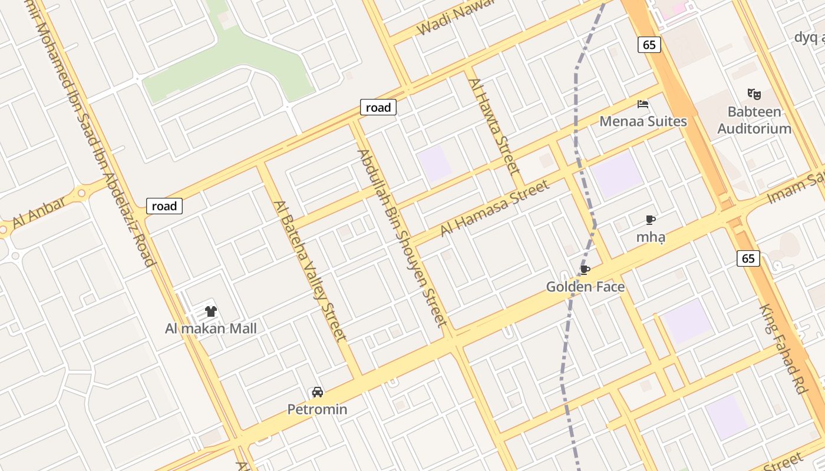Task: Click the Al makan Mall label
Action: pos(211,329)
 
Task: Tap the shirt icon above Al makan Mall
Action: pos(211,311)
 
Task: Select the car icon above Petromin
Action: pos(317,392)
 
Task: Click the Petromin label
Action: pos(317,409)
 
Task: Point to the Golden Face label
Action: pos(585,287)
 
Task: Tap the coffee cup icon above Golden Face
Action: pos(585,270)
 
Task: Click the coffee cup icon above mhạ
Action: pos(651,220)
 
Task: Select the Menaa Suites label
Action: pos(643,121)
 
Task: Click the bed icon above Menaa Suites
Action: pos(643,104)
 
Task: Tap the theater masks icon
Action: pos(754,94)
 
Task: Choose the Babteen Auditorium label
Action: pos(754,120)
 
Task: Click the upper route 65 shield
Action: pos(649,45)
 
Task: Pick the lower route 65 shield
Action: pos(748,258)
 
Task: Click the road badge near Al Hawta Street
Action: pos(378,107)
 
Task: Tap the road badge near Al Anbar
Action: pos(164,206)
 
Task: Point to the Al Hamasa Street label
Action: pos(495,208)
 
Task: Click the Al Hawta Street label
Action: pos(496,126)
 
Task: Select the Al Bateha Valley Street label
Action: pos(309,271)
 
